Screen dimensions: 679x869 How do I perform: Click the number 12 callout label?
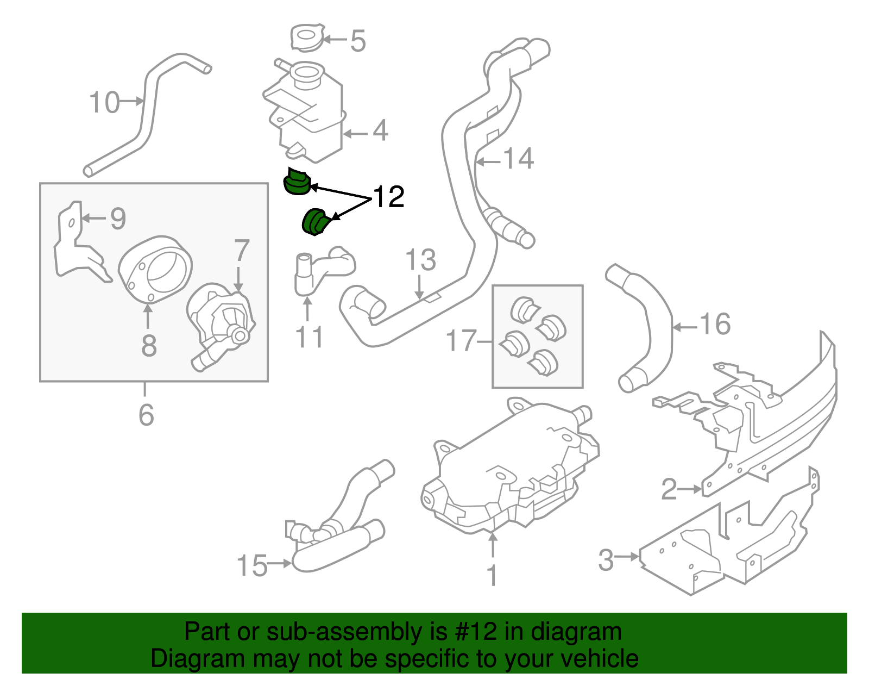pos(389,197)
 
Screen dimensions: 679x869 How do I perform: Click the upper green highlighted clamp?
pos(297,182)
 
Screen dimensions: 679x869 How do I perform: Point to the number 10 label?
pos(104,102)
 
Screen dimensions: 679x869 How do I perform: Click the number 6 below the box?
pos(146,415)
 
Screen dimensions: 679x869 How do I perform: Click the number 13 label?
pos(420,260)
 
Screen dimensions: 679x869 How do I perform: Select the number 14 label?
pos(519,159)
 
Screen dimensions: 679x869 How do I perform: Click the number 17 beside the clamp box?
pos(461,341)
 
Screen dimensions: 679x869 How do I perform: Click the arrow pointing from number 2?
pos(690,489)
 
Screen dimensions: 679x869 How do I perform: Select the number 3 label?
pos(606,560)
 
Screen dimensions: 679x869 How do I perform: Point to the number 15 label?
pos(253,565)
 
